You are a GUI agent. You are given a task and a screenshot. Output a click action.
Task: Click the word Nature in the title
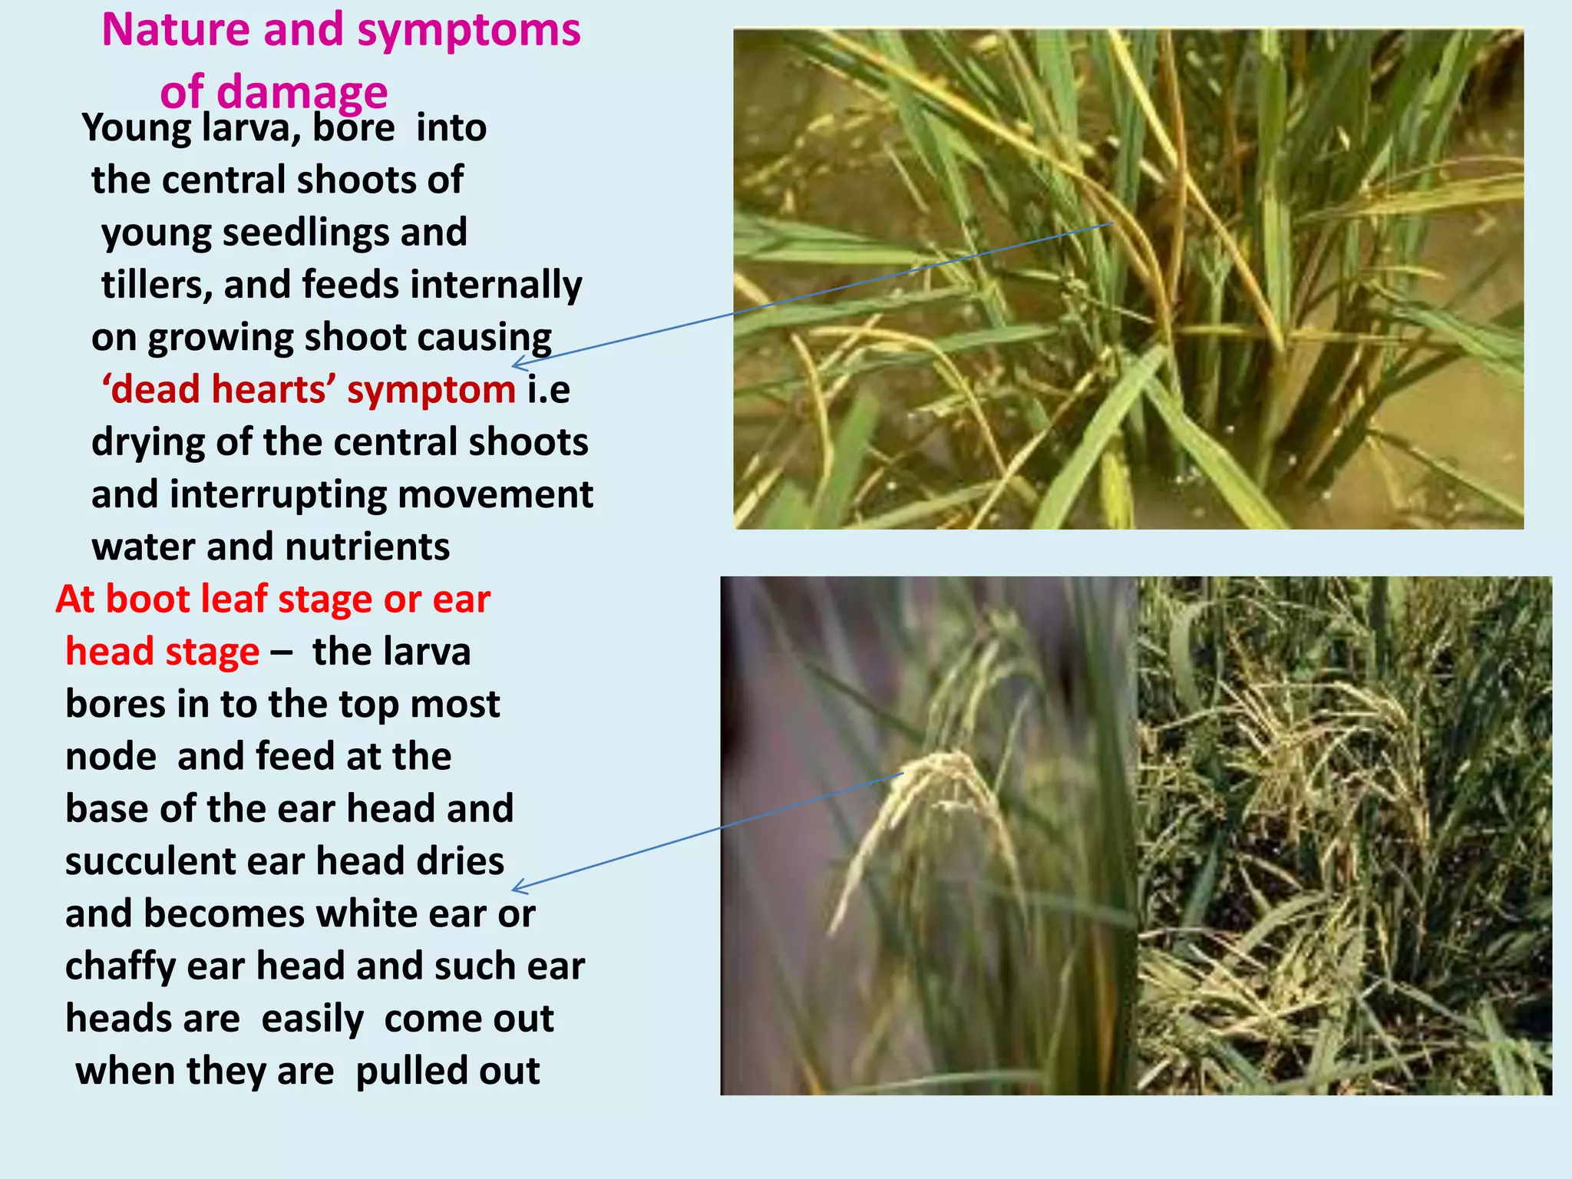[176, 31]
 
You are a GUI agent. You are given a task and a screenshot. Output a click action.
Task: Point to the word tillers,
[157, 285]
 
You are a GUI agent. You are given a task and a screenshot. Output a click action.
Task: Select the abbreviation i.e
[549, 389]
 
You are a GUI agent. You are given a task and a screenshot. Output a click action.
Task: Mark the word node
[111, 757]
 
